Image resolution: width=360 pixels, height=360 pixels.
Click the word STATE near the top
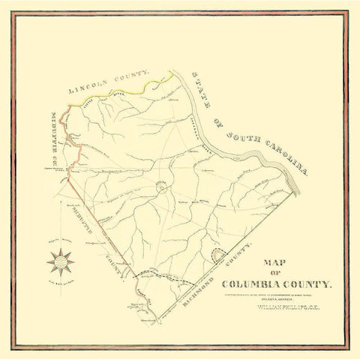[x=199, y=85]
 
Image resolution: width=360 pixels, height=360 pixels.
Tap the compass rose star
[x=60, y=262]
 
